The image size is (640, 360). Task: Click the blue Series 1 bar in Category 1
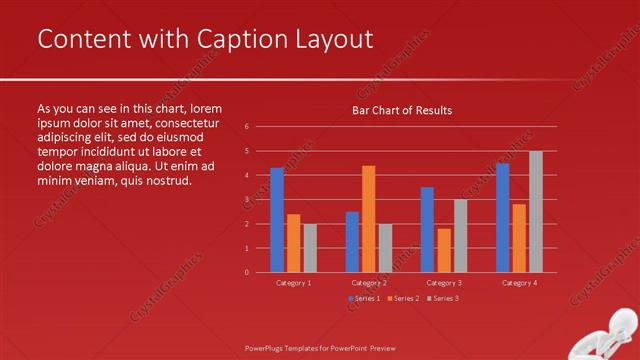[277, 220]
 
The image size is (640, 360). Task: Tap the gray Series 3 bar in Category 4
[536, 212]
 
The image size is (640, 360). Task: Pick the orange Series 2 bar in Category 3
[444, 250]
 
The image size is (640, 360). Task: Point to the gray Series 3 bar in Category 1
[310, 248]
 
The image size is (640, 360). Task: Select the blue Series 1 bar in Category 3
[427, 230]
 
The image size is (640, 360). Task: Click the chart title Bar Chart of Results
[402, 110]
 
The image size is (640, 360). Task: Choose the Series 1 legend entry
[364, 298]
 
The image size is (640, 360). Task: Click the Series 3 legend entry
[443, 298]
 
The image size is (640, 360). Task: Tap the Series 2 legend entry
[403, 298]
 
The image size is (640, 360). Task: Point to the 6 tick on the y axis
[246, 127]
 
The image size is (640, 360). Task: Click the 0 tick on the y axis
[246, 272]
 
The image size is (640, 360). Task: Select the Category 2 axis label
[369, 283]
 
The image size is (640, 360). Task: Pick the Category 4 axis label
[519, 283]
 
